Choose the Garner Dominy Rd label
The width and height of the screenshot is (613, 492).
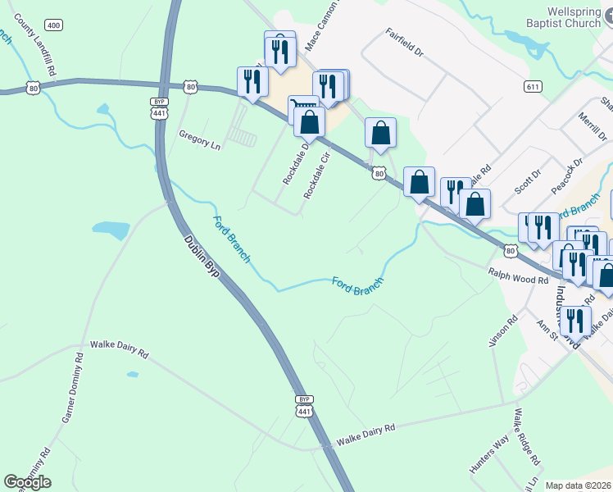73,388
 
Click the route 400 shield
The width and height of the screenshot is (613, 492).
54,25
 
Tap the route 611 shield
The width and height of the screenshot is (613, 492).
533,85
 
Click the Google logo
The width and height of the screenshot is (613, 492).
27,482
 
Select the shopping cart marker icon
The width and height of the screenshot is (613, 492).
302,107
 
